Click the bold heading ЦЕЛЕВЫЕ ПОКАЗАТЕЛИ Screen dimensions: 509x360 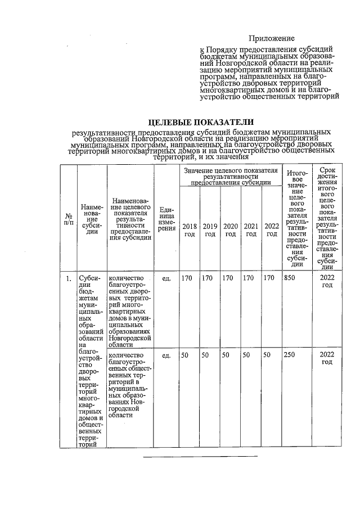(200, 122)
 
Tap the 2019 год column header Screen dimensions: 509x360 (210, 229)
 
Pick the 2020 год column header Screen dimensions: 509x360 (231, 229)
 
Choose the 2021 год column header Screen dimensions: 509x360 (251, 229)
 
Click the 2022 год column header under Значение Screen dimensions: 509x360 (272, 229)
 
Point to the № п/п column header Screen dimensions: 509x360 (68, 220)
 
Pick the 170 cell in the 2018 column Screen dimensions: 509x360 (187, 278)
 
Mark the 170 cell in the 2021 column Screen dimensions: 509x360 (250, 278)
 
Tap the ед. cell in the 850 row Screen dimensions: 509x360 (166, 278)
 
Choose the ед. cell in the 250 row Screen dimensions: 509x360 (166, 355)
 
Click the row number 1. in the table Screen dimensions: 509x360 (68, 278)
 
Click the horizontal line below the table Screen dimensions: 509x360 (200, 456)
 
